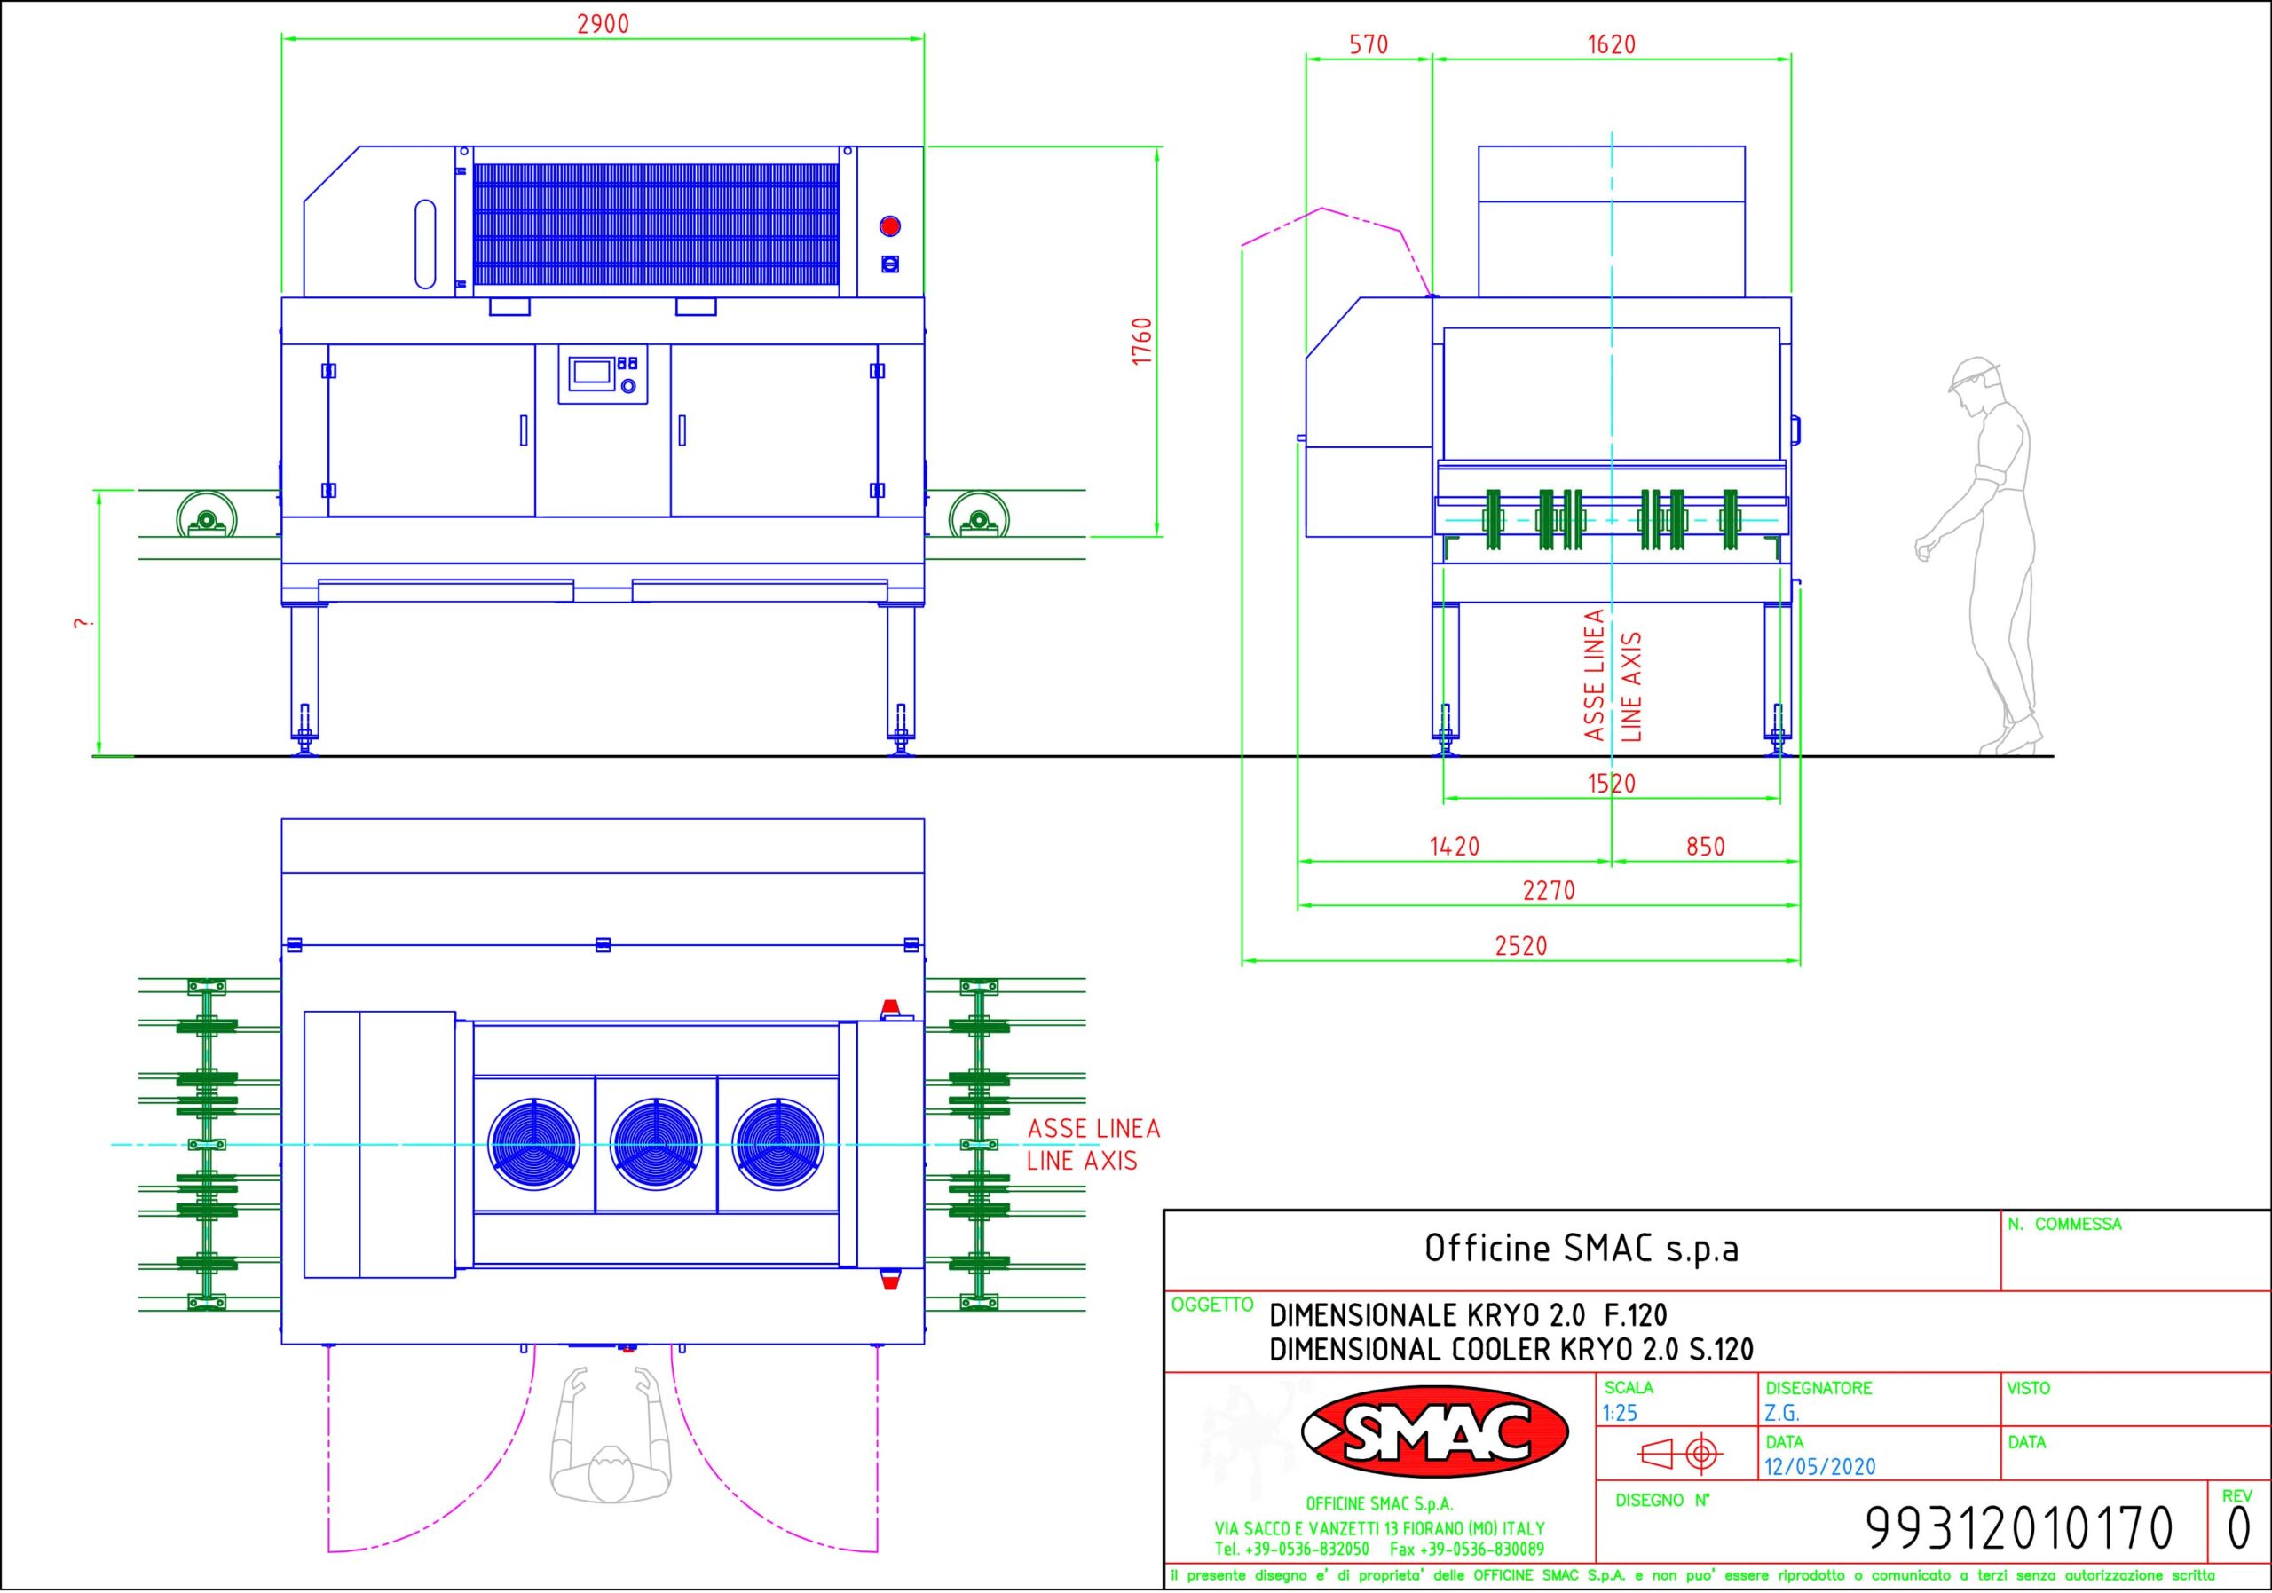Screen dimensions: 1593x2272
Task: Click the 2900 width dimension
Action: click(x=603, y=24)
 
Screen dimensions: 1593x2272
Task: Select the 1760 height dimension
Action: click(x=1142, y=342)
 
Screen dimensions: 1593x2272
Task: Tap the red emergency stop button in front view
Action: click(x=889, y=226)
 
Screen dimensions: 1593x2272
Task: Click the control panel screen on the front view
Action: click(x=590, y=372)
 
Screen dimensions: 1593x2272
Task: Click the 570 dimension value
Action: click(x=1369, y=44)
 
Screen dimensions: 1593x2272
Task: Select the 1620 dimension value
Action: click(x=1611, y=44)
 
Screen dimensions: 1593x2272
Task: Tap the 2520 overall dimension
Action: click(x=1521, y=946)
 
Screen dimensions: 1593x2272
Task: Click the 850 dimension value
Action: click(x=1705, y=847)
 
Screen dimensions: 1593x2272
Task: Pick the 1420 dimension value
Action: click(x=1455, y=847)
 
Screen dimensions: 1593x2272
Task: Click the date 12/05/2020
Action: click(x=1819, y=1466)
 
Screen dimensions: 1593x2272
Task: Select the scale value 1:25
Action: click(x=1620, y=1414)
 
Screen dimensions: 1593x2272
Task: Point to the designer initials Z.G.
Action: click(x=1782, y=1414)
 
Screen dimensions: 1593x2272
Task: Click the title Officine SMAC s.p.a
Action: click(x=1582, y=1249)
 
